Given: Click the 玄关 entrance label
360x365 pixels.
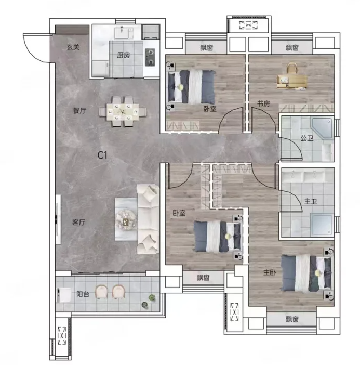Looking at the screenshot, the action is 73,47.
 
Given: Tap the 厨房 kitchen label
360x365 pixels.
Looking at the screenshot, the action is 123,55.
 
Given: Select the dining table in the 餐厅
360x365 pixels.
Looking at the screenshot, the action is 123,112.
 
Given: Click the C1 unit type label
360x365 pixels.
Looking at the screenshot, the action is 102,155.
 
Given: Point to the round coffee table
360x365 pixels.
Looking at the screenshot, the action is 126,220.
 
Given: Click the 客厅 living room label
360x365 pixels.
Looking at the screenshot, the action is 78,223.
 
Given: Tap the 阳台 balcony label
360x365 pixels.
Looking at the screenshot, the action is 83,294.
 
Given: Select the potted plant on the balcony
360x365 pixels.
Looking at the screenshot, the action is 152,297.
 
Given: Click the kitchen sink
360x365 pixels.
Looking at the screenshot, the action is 124,33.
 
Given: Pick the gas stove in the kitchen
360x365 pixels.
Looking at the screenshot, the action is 150,57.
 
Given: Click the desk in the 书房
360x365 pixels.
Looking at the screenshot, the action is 291,82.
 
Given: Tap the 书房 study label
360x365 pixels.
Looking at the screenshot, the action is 263,103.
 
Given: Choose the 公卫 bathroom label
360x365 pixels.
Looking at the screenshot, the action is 306,138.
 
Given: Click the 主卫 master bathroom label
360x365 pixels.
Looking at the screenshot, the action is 311,201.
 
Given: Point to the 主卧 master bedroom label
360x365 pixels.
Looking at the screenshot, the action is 270,272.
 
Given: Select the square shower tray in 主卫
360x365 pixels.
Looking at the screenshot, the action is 321,224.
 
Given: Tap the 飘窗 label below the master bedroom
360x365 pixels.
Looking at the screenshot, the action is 292,319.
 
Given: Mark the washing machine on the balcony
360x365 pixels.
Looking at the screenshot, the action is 64,295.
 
